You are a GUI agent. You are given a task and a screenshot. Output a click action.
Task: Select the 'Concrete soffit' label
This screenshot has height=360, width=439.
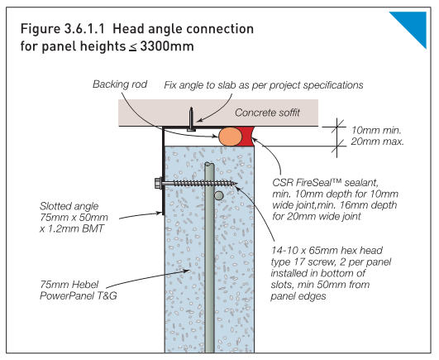269,113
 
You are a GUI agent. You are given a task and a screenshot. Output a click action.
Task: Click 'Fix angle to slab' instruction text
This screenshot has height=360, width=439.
208,84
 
